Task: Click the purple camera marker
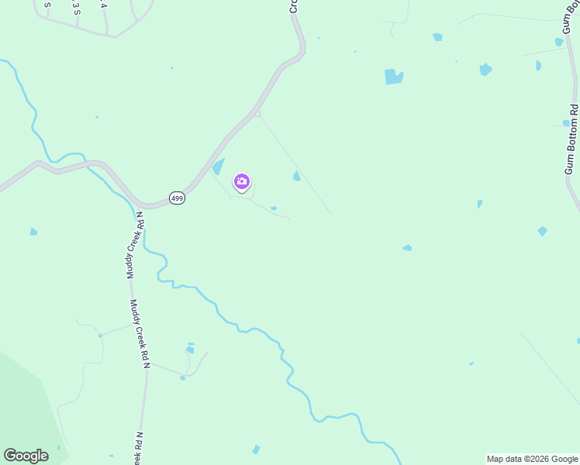tap(242, 182)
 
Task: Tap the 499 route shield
tap(177, 198)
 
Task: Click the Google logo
tap(26, 456)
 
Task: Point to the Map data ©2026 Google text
tap(532, 459)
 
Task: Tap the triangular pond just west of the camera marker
tap(219, 166)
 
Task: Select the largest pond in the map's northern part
tap(394, 77)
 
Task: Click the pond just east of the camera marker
tap(297, 176)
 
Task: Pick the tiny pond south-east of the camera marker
tap(274, 208)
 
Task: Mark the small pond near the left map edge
tap(33, 232)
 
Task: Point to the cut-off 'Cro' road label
tap(294, 5)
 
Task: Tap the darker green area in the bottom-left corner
tap(23, 403)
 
